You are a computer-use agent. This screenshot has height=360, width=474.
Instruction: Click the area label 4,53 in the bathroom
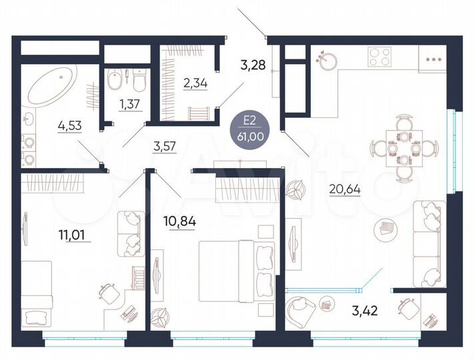point(70,125)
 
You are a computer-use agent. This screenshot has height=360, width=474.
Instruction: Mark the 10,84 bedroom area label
point(179,220)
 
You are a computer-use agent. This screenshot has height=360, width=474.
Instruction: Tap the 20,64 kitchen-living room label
point(345,188)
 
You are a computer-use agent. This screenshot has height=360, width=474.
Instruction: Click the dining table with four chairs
point(404,148)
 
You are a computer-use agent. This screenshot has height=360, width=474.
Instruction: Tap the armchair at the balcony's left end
point(303,307)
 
